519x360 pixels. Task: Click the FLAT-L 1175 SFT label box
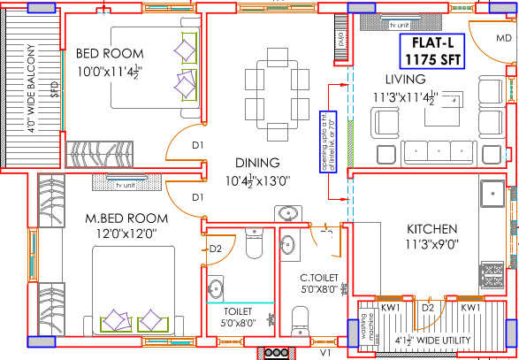tap(431, 52)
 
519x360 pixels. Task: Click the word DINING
tap(257, 163)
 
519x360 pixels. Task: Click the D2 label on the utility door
tap(428, 307)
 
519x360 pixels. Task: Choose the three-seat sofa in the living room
tap(432, 155)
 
